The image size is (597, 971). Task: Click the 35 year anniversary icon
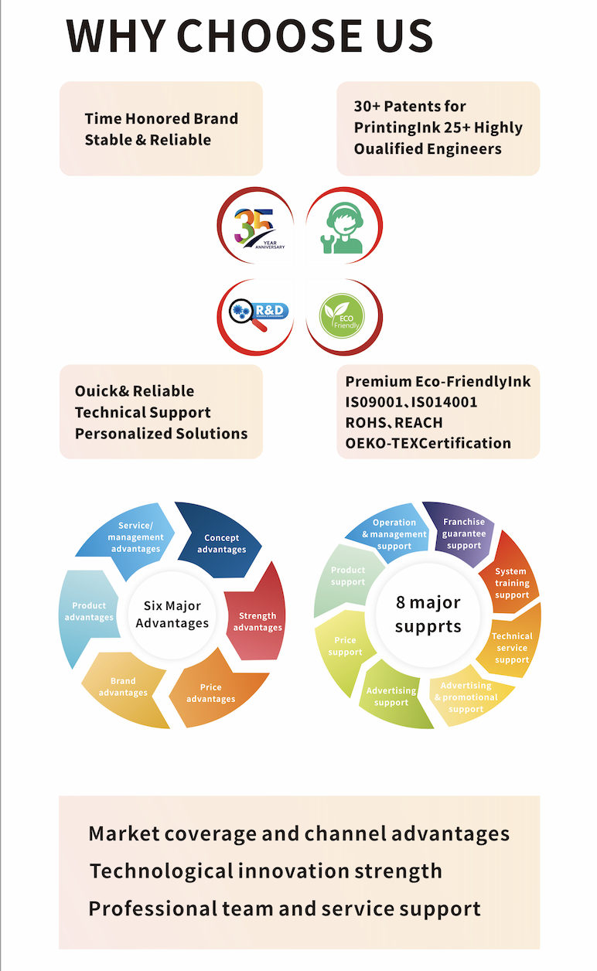[x=254, y=230]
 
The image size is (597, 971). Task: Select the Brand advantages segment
[x=123, y=687]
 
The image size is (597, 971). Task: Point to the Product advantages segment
[x=89, y=612]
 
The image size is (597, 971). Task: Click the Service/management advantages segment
[x=135, y=537]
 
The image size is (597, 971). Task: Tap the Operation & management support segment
[x=394, y=534]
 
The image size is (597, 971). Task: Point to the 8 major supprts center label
[x=428, y=615]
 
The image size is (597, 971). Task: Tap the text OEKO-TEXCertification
[x=428, y=443]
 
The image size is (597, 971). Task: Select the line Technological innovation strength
[x=266, y=871]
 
